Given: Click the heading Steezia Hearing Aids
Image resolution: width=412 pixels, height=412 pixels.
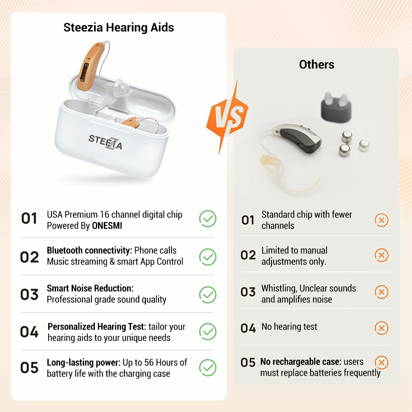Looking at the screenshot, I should click(119, 28).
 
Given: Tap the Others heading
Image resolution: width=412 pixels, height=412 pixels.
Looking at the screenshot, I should click(316, 64).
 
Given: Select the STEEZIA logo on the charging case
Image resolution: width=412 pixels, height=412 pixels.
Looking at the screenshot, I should click(105, 142).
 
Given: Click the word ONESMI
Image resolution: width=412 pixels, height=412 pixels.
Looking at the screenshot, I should click(107, 226).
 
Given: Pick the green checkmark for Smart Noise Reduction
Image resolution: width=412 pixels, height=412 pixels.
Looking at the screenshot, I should click(208, 294).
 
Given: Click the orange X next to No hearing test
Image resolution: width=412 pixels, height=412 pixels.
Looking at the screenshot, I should click(382, 328).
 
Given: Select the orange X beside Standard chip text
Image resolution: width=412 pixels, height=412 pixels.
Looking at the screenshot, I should click(382, 220).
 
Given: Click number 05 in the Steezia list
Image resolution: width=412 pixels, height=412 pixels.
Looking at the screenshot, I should click(29, 368).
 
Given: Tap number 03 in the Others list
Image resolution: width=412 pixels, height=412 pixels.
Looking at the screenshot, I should click(248, 292).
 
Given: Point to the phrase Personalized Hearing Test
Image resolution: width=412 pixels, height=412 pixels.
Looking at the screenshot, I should click(97, 327).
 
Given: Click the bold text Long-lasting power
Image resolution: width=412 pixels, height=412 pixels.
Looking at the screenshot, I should click(84, 363).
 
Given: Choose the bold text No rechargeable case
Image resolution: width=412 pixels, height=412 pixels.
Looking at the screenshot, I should click(301, 362).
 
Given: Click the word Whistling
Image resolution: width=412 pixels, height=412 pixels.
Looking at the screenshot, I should click(279, 288).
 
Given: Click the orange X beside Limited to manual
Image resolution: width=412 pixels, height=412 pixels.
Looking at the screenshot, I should click(382, 256).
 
